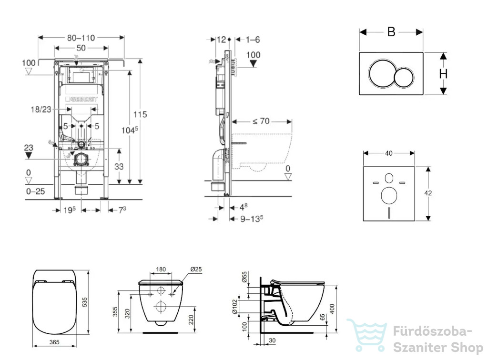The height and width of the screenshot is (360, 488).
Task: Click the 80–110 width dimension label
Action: tap(81, 38)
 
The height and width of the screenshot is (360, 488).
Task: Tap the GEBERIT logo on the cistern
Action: tap(81, 99)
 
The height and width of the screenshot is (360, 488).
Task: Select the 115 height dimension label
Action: tap(140, 114)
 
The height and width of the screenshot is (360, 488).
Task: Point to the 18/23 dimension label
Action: tap(41, 110)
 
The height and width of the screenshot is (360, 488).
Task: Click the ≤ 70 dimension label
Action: tap(261, 121)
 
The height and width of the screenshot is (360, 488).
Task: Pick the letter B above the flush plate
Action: tap(391, 32)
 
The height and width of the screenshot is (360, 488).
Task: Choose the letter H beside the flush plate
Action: tap(443, 74)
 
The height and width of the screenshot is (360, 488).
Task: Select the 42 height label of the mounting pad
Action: tap(428, 193)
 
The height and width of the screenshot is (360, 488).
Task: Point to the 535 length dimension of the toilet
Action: tap(85, 302)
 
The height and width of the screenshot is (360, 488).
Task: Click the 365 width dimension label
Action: tap(54, 342)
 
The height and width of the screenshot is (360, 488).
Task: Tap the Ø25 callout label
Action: tap(196, 269)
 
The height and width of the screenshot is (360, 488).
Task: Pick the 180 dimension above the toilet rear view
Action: tap(161, 269)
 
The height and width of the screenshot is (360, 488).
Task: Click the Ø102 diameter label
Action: tap(235, 307)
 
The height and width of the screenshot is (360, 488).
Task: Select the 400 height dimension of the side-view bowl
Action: tap(332, 309)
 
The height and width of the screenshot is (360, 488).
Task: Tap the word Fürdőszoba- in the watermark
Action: tap(433, 331)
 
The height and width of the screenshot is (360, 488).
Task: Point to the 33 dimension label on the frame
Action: tap(119, 167)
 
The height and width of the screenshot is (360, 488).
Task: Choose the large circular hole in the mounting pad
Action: tap(389, 196)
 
